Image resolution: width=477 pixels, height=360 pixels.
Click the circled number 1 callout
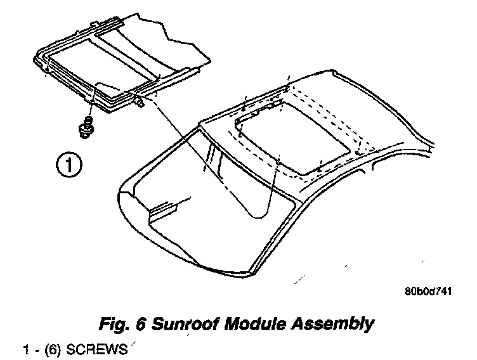(x=68, y=166)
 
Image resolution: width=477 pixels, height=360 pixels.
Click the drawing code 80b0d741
(x=428, y=293)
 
